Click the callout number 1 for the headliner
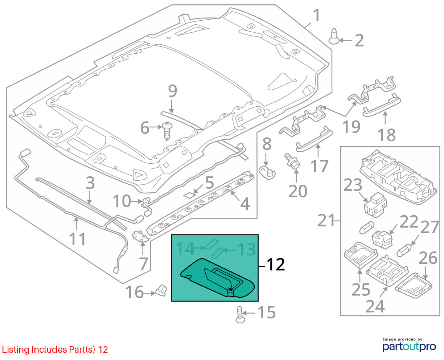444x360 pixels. click(317, 15)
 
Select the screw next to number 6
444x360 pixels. click(167, 131)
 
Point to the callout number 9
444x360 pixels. click(173, 91)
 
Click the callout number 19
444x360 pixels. click(351, 127)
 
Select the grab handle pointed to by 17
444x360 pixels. click(314, 139)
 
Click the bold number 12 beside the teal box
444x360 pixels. click(276, 265)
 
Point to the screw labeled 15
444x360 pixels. click(240, 315)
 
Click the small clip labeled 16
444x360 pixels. click(161, 290)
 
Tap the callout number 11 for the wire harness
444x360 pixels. click(77, 239)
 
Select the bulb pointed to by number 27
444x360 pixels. click(404, 250)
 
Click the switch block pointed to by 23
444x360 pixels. click(375, 205)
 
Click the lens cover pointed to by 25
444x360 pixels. click(361, 255)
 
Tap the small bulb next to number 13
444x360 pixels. click(217, 253)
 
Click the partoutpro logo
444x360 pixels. click(409, 347)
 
